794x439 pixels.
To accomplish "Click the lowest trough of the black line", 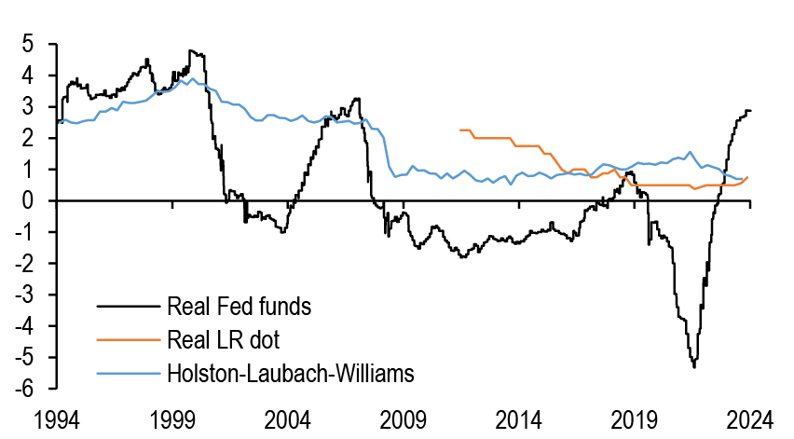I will point(693,367).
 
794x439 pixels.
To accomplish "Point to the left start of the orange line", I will point(460,130).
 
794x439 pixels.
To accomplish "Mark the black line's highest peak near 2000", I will point(191,50).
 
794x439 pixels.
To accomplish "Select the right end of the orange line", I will point(749,177).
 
